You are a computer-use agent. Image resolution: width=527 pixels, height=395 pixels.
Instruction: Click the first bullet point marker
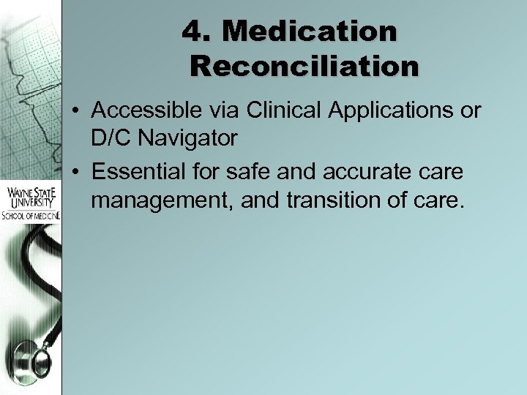pos(75,113)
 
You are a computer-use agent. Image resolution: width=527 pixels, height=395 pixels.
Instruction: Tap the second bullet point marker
pos(75,173)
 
